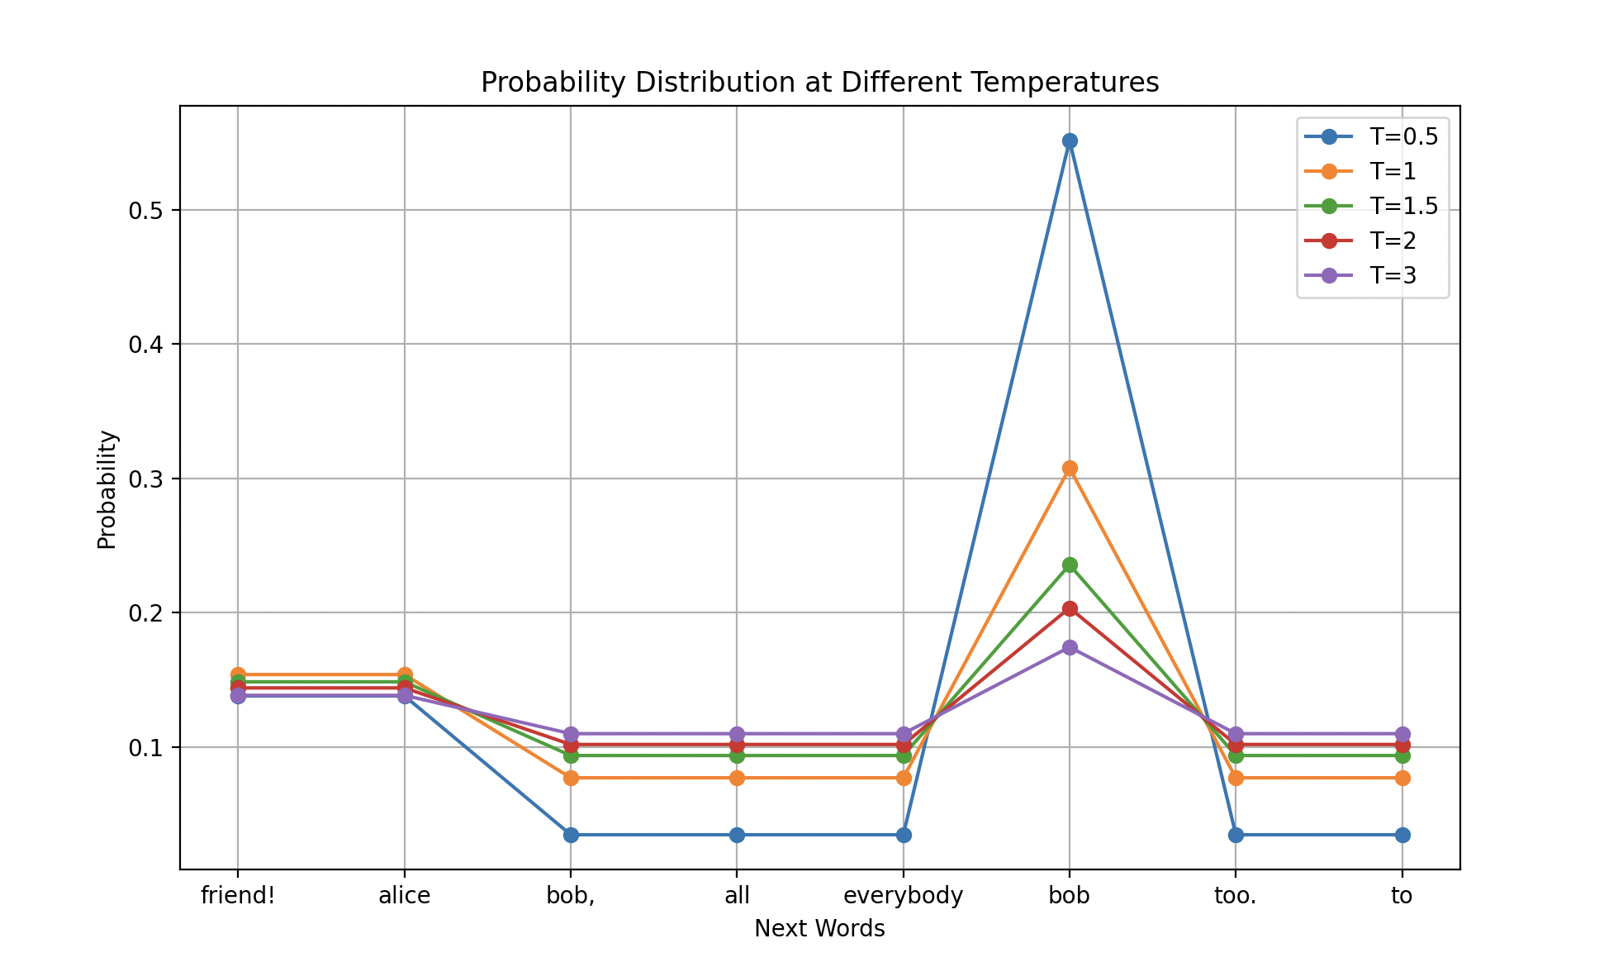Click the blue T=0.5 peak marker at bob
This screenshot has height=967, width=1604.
pos(1070,141)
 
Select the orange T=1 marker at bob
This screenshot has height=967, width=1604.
pos(1070,469)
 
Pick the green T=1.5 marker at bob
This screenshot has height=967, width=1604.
pos(1070,565)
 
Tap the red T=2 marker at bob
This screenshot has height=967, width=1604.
pos(1070,609)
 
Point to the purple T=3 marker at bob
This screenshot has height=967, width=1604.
pos(1070,648)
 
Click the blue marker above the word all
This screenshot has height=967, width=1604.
pos(737,836)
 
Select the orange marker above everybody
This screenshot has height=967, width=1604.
pos(904,779)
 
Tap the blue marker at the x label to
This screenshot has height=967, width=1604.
pos(1402,836)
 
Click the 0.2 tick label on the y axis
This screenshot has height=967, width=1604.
pos(146,613)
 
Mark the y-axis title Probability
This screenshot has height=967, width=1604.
pos(107,489)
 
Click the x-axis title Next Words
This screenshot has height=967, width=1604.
pos(819,929)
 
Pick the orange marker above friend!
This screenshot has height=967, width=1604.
pos(238,675)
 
